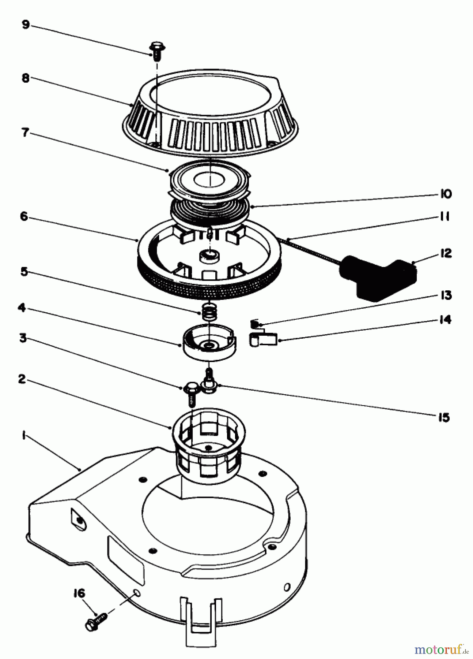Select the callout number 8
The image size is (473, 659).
click(25, 78)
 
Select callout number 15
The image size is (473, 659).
click(443, 417)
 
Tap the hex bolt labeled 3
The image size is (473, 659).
click(191, 392)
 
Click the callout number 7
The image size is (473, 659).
click(25, 133)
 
